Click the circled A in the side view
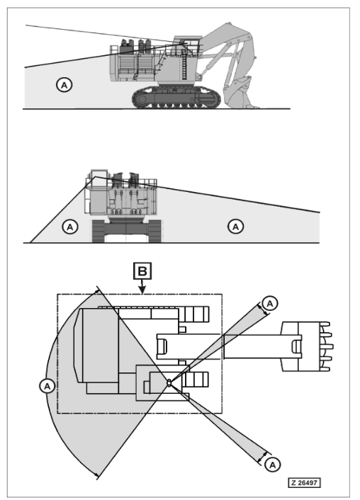[x=64, y=85]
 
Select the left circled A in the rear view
[x=70, y=227]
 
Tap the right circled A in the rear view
[x=235, y=227]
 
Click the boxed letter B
[x=142, y=271]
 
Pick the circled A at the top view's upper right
[x=270, y=304]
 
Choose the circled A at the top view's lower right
[x=272, y=465]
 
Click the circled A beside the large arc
[x=47, y=386]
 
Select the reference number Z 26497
[x=304, y=482]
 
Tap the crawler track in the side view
[x=176, y=98]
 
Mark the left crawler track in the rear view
[x=99, y=231]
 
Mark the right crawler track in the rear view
[x=154, y=231]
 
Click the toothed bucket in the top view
[x=307, y=346]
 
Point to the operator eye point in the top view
[x=169, y=382]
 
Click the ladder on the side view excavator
[x=184, y=67]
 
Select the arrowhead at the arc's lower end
[x=97, y=476]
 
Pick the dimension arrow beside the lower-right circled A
[x=264, y=457]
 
